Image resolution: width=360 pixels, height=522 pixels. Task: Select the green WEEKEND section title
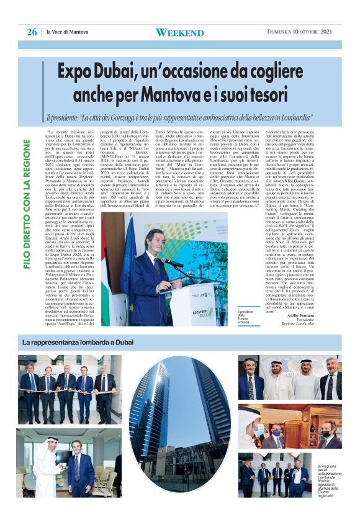click(179, 32)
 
